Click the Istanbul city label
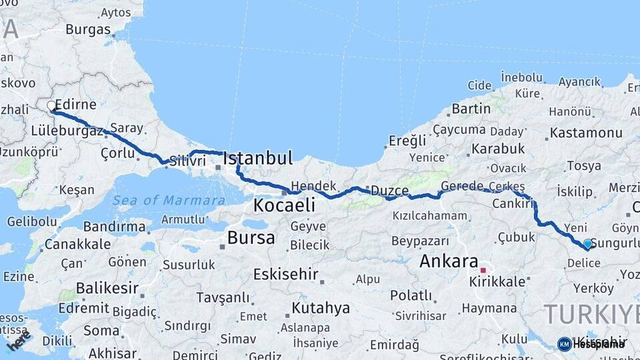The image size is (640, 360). [x=257, y=159]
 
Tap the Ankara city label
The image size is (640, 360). [x=449, y=261]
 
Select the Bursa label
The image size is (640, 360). [x=251, y=237]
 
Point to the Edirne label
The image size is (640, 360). [x=76, y=105]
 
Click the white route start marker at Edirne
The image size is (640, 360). [x=51, y=106]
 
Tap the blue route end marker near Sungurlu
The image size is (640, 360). [x=587, y=244]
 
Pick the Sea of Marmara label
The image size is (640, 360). [x=169, y=200]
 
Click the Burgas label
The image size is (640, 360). [x=88, y=29]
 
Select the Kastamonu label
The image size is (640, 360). [x=586, y=133]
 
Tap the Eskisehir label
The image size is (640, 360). [x=285, y=275]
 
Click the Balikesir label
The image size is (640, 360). [x=107, y=289]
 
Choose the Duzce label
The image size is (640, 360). [x=389, y=191]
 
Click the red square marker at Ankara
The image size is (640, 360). [x=483, y=271]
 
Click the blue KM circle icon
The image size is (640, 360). [x=565, y=344]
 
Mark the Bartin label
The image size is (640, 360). [x=471, y=109]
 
